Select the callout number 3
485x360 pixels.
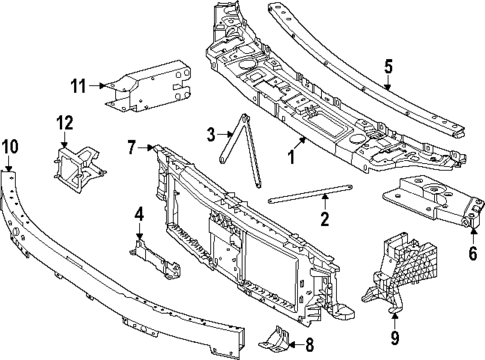coord(211,134)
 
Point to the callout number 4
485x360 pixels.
coord(139,213)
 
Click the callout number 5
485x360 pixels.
coord(389,67)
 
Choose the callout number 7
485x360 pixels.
coord(131,148)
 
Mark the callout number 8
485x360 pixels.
coord(308,348)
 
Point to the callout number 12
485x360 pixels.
coord(65,123)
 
